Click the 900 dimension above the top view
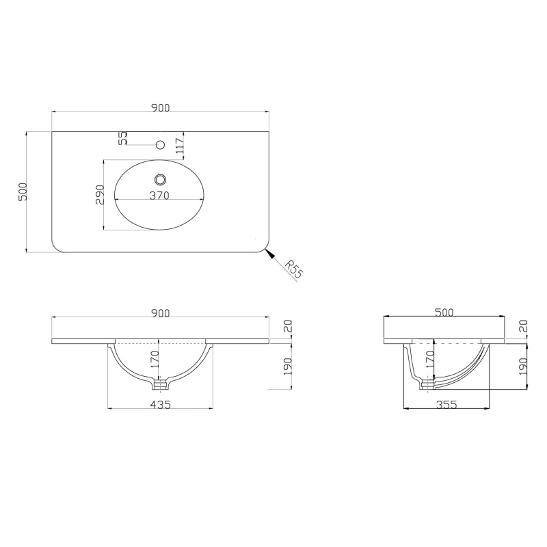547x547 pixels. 161,108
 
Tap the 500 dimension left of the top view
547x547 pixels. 23,191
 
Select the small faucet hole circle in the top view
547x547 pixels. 161,144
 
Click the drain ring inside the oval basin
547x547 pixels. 161,180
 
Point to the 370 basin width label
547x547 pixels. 159,196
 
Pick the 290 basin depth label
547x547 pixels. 100,195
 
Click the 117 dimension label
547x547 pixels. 180,147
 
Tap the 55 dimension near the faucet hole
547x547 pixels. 123,138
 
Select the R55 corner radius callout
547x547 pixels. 293,269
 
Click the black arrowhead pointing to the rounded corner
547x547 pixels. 269,254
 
